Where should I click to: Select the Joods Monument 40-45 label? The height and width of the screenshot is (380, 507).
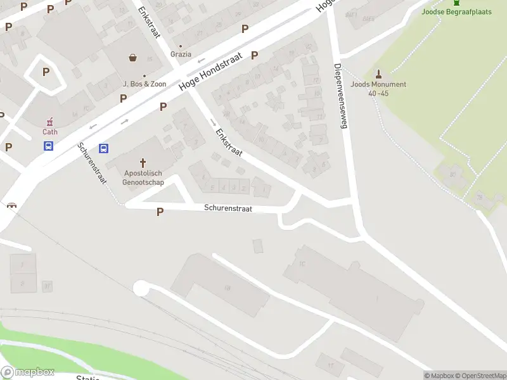[378, 89]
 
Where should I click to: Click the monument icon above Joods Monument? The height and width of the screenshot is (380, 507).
[378, 73]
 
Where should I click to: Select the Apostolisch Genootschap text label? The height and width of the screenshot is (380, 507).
[144, 178]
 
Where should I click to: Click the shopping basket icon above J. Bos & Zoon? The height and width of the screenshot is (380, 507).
[133, 58]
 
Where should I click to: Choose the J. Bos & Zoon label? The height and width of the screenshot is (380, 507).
[144, 84]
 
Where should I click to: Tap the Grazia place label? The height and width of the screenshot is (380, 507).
[181, 54]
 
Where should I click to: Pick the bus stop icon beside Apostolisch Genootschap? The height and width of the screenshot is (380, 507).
[105, 149]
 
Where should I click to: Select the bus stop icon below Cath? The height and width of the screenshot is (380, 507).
[48, 146]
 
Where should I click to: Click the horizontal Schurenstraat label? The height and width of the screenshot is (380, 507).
[228, 208]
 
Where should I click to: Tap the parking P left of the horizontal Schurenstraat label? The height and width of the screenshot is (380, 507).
[160, 212]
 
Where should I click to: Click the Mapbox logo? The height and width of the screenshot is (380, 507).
[28, 372]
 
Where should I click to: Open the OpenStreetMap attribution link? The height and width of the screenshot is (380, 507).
[479, 376]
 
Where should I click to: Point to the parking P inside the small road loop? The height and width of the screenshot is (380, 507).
[46, 72]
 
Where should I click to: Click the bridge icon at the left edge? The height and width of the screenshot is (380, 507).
[11, 205]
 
